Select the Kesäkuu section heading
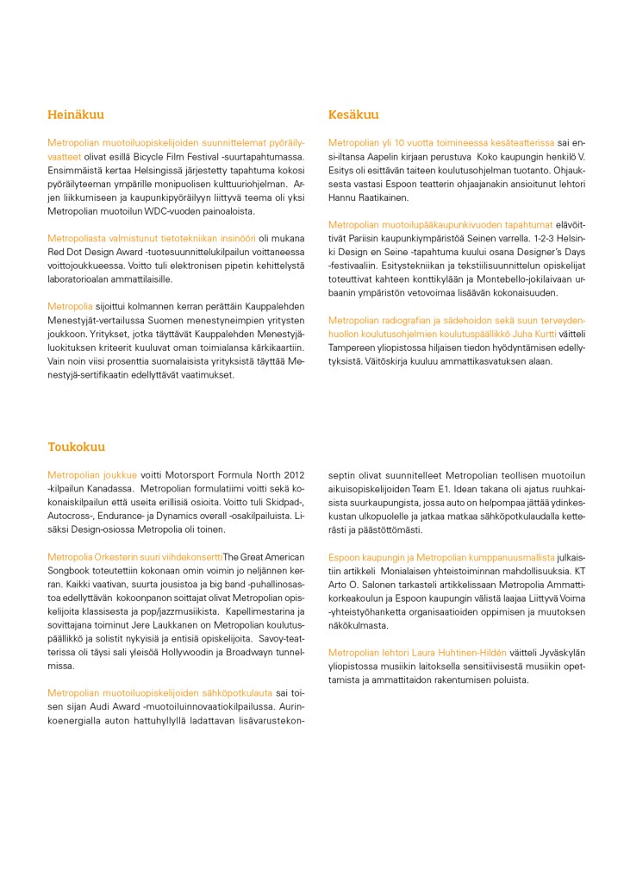point(353,115)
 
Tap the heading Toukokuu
point(76,448)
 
